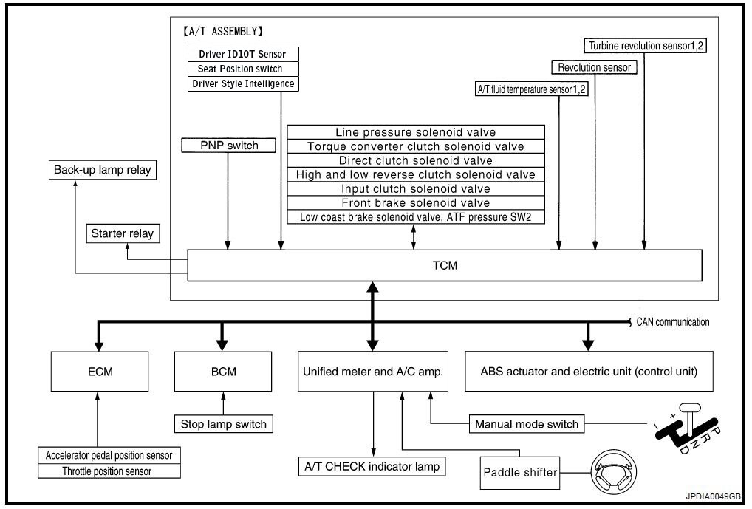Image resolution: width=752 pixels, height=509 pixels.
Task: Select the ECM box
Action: [x=97, y=372]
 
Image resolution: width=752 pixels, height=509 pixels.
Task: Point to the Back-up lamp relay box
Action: [x=102, y=170]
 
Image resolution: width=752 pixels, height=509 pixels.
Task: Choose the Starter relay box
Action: [x=123, y=234]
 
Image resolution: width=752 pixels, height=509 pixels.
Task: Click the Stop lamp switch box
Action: [x=223, y=424]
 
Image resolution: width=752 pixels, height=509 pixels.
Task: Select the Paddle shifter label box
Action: [x=519, y=472]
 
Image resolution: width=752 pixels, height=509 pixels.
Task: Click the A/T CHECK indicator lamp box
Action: [x=374, y=466]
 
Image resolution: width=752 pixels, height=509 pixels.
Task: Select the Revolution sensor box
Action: [x=594, y=67]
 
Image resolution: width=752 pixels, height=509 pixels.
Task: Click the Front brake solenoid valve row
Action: [x=416, y=202]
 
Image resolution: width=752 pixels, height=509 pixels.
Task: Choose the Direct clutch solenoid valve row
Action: [x=416, y=160]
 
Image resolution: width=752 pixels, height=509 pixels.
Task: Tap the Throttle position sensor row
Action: [x=109, y=471]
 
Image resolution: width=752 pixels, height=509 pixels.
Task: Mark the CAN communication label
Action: [x=672, y=322]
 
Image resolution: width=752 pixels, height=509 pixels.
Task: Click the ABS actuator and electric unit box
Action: [x=589, y=372]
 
